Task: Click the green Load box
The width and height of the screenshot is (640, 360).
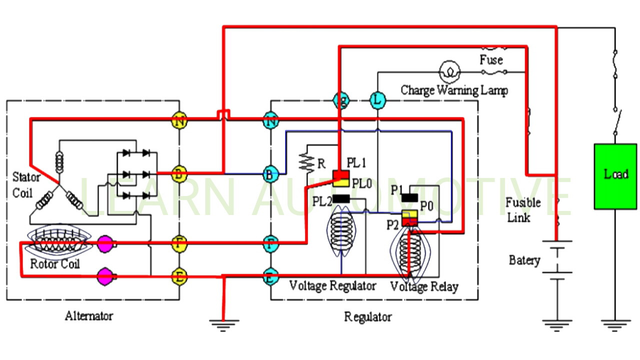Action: (x=615, y=176)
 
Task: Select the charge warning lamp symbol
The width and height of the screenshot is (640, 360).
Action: (x=449, y=72)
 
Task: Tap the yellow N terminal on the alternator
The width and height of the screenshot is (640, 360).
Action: (x=179, y=120)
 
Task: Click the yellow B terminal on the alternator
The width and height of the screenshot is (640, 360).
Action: (x=179, y=174)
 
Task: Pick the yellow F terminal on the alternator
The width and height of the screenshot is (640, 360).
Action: (x=179, y=244)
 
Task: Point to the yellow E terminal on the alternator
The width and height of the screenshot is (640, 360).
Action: (x=179, y=276)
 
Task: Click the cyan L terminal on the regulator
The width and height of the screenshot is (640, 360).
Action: (x=377, y=101)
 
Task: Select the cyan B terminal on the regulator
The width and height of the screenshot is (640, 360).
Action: (x=270, y=174)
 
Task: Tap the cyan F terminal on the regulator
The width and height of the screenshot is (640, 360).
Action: (x=270, y=244)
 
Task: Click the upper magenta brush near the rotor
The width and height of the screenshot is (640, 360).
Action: (x=105, y=244)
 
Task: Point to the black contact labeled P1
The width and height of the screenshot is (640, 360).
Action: (x=409, y=197)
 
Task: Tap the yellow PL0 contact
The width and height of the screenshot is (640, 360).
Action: (x=341, y=182)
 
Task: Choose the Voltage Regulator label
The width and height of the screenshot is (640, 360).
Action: (x=332, y=286)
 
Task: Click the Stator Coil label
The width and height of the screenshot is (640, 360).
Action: (x=25, y=184)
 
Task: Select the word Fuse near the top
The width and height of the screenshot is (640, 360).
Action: (x=491, y=60)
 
